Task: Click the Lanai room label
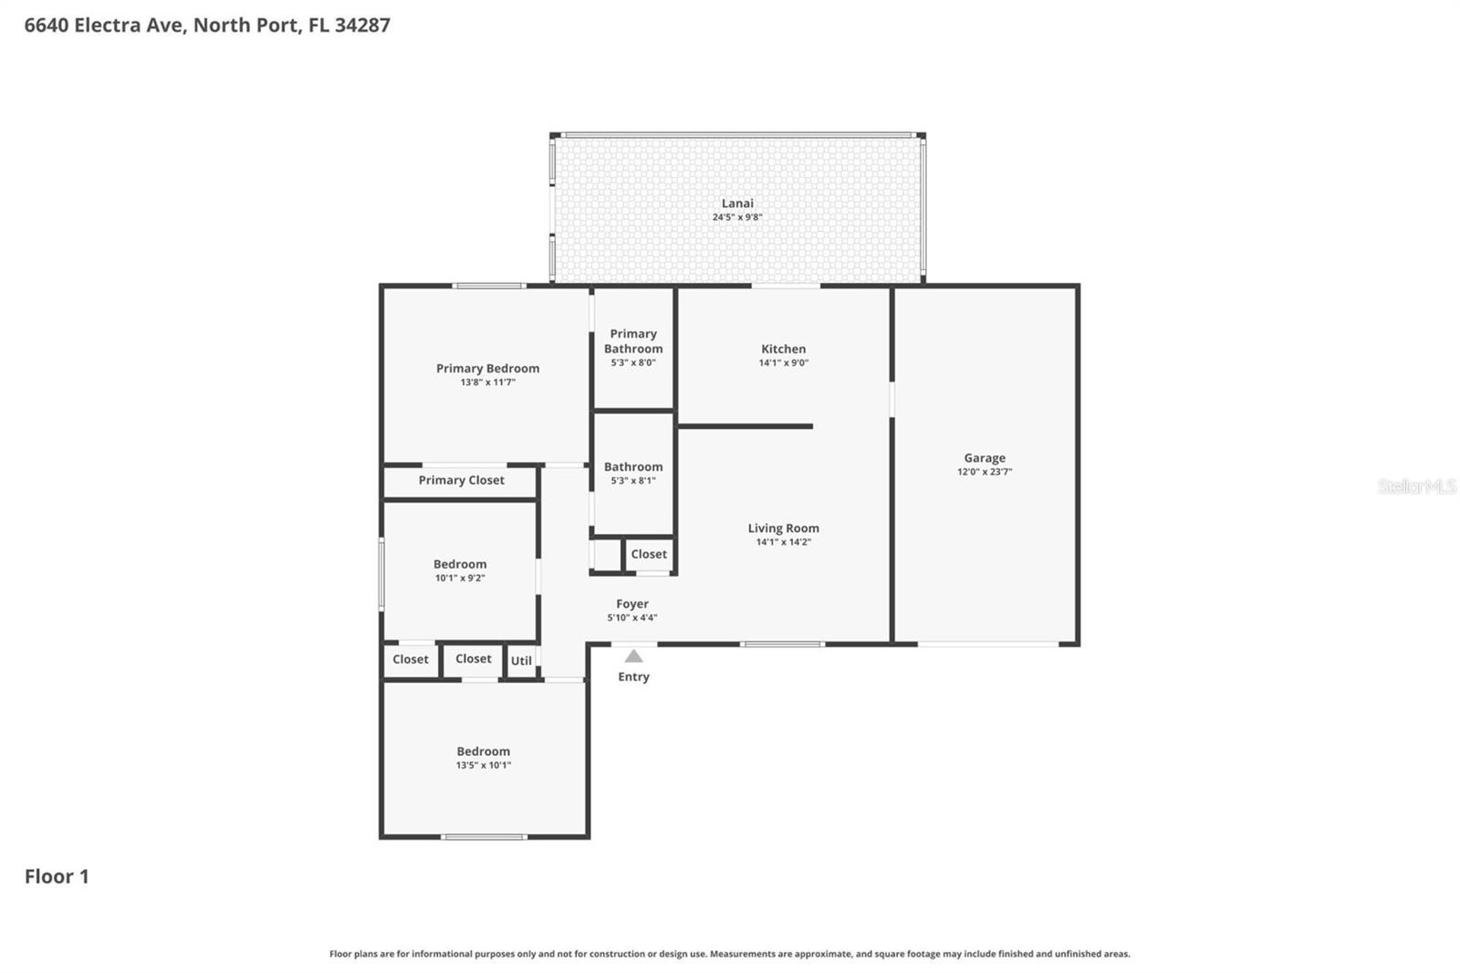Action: [x=737, y=204]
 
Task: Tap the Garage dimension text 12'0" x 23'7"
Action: [x=984, y=472]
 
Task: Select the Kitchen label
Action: [x=783, y=349]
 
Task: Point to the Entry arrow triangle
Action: [x=633, y=656]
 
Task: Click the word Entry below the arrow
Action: [x=633, y=676]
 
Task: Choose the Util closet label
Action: [x=521, y=661]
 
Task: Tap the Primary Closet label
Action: [x=461, y=480]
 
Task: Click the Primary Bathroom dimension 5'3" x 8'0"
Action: [x=633, y=362]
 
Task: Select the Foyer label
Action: [x=632, y=603]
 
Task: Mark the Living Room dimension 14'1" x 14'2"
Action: [x=783, y=542]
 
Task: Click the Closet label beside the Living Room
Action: [x=649, y=554]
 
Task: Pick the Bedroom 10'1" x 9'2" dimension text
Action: [x=460, y=578]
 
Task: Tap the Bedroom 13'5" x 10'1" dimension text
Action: [x=484, y=765]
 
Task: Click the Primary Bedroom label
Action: [x=487, y=368]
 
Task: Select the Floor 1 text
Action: [x=57, y=876]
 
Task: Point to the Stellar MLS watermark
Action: [x=1416, y=486]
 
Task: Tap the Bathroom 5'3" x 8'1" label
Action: [x=633, y=466]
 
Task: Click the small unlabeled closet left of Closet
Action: [x=606, y=554]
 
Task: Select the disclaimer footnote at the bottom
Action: [x=729, y=954]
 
